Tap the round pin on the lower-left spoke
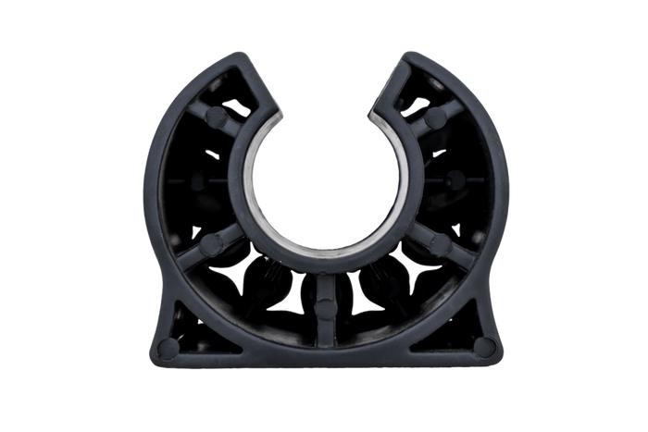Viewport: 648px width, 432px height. point(212,243)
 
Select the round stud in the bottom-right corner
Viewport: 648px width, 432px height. point(482,346)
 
